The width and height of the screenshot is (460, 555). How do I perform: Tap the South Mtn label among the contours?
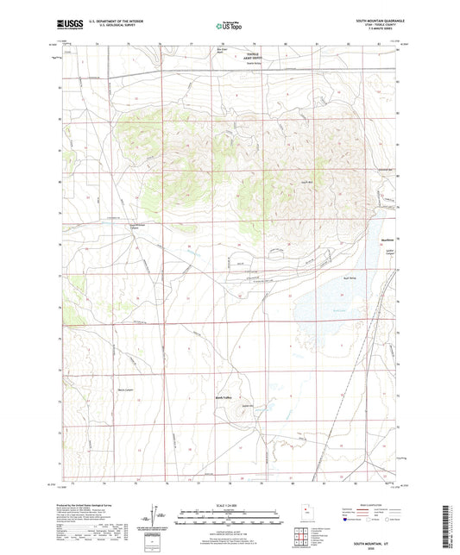tap(306, 183)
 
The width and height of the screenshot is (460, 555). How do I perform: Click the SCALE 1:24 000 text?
tap(230, 504)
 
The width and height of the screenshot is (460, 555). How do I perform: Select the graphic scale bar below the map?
tap(229, 520)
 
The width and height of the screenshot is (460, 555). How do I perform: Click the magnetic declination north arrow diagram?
tap(160, 514)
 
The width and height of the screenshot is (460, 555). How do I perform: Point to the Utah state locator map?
tap(303, 514)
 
